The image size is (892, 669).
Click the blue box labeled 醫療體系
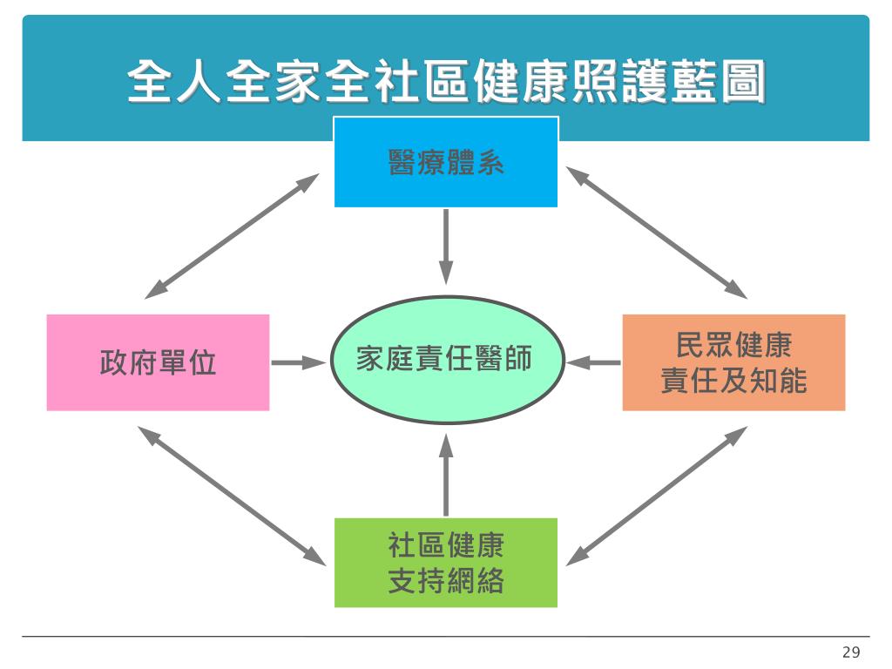pos(446,162)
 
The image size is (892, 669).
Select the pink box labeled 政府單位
pos(158,362)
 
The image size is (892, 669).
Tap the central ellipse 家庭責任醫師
pos(446,360)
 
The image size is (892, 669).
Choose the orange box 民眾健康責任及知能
pos(733,362)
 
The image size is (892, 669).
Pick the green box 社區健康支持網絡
pos(446,563)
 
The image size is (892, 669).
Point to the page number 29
pos(851,652)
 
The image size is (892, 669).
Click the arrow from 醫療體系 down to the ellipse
pos(446,246)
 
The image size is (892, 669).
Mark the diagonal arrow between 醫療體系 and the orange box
pos(657,232)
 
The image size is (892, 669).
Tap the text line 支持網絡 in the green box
pos(446,580)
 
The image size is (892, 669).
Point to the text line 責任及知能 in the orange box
pos(733,381)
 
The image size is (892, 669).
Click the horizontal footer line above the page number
pos(446,637)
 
